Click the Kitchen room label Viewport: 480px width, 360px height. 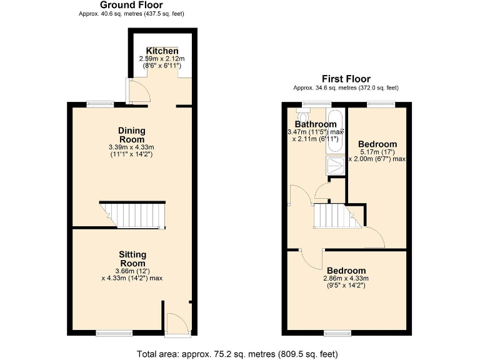coord(162,51)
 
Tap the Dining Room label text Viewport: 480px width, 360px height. coord(132,134)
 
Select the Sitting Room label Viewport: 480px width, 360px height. coord(132,259)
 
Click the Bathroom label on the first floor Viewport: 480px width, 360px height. coord(316,124)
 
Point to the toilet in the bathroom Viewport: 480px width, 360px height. coord(304,116)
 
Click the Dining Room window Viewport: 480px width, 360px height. coord(99,104)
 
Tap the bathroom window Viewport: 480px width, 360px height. coord(316,104)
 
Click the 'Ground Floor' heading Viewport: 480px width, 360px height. coord(131,5)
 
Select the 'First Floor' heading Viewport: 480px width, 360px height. coord(346,79)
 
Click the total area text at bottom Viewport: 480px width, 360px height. coord(237,354)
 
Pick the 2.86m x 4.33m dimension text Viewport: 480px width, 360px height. coord(345,279)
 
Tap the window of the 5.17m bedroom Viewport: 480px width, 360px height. coord(381,104)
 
